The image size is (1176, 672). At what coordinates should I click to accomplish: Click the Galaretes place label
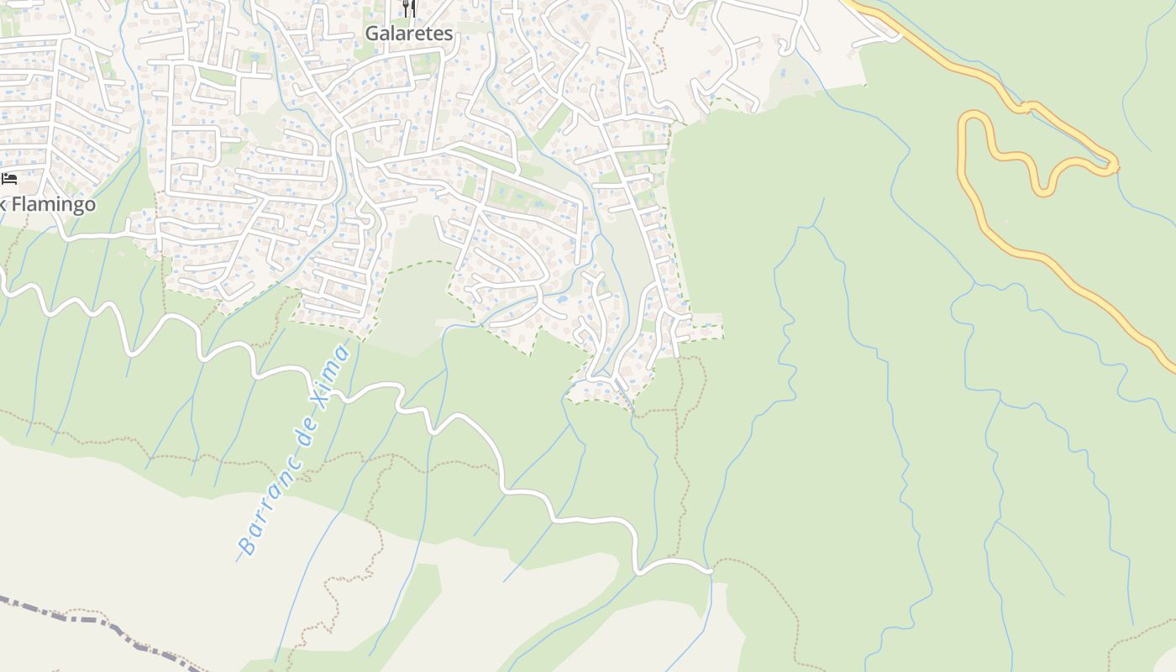[408, 34]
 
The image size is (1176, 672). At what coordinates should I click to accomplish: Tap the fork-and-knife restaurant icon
[409, 8]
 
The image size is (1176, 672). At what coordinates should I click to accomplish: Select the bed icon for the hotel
[9, 178]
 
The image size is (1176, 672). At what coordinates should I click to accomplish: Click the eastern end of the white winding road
[711, 570]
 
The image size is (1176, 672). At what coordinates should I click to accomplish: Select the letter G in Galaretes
[371, 34]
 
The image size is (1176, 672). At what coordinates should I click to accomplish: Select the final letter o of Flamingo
[89, 204]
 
